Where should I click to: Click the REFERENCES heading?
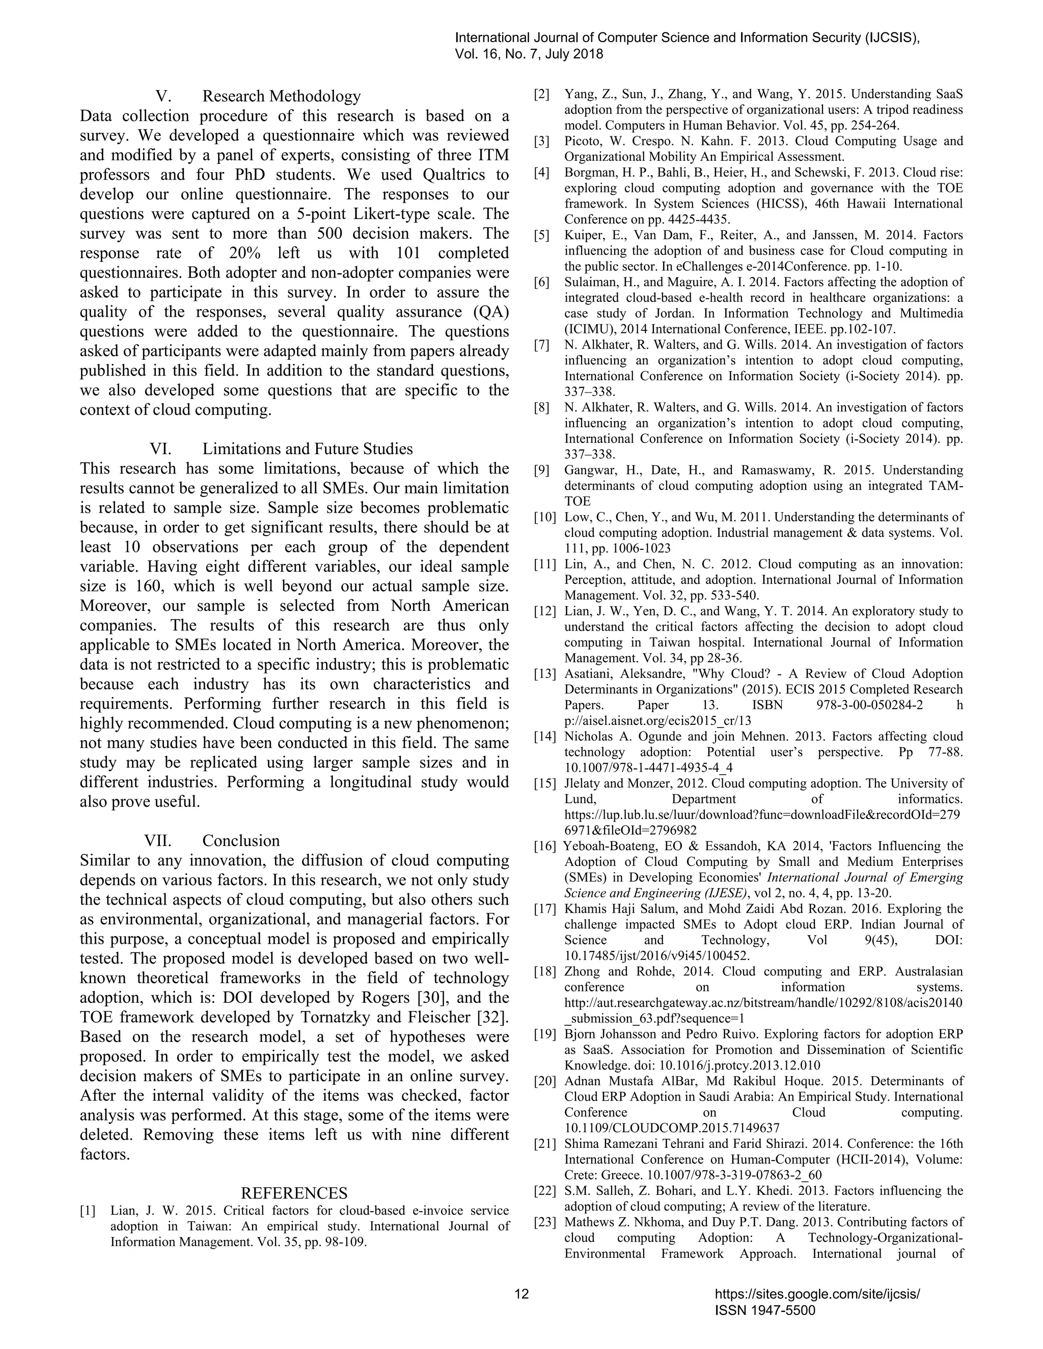click(x=294, y=1193)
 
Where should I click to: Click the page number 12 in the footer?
click(x=521, y=1294)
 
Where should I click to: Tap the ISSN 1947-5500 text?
click(x=765, y=1311)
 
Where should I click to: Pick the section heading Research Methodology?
click(x=281, y=96)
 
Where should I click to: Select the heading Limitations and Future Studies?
click(x=307, y=449)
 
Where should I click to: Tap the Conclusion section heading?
click(x=241, y=840)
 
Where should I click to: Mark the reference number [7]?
click(x=542, y=345)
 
